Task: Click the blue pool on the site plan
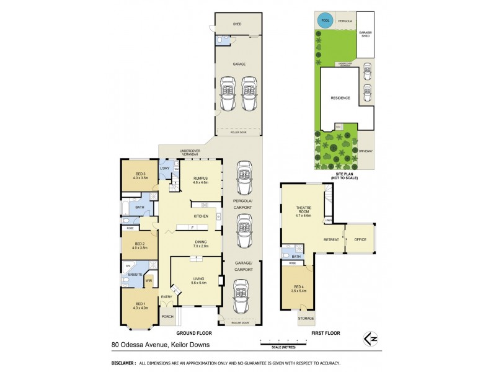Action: [324, 20]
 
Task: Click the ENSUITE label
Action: [134, 274]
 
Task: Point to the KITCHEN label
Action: [200, 216]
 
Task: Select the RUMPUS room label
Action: [200, 179]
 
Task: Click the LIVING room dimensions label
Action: [198, 283]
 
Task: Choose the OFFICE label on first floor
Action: [360, 239]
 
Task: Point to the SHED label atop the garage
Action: [237, 24]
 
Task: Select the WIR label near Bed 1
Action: [149, 281]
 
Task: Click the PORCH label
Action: [167, 316]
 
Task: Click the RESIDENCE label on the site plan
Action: [340, 98]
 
